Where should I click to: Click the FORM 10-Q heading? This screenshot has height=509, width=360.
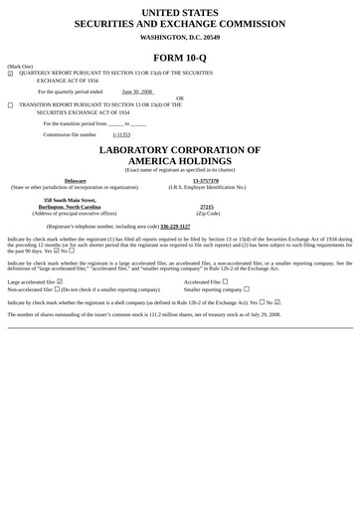(180, 56)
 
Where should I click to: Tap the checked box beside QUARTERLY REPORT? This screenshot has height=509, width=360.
(10, 74)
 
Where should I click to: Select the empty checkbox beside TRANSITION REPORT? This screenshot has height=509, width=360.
(10, 104)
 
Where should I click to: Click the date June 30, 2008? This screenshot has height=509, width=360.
(137, 90)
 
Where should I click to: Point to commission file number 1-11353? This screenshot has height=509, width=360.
(121, 133)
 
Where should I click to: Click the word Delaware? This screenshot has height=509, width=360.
(75, 180)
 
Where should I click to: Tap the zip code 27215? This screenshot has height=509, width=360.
(207, 206)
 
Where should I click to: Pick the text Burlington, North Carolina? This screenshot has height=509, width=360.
(75, 206)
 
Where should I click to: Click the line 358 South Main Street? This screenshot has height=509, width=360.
(76, 199)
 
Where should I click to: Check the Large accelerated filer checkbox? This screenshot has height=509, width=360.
(61, 281)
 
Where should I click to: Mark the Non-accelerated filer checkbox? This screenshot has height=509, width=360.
(56, 289)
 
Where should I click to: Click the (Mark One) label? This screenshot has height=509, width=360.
(20, 66)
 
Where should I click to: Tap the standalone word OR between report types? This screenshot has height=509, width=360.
(180, 98)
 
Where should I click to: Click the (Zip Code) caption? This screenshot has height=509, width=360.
(208, 213)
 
